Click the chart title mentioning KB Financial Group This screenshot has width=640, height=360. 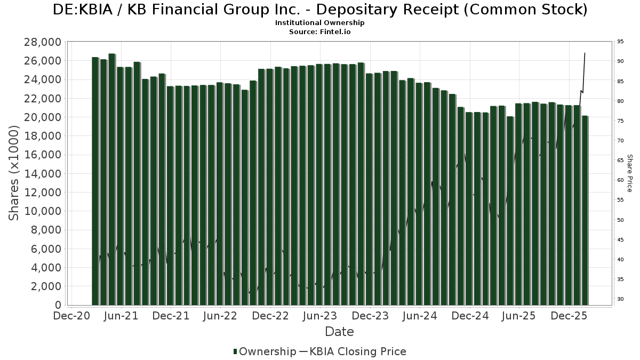coord(320,10)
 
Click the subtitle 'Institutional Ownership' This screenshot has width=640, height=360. coord(320,23)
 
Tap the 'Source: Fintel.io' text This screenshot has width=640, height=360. coord(320,32)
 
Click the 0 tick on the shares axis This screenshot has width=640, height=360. coord(58,305)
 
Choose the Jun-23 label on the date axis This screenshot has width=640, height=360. coord(320,316)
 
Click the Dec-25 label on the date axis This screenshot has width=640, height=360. coord(569,316)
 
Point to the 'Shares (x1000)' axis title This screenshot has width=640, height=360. coord(14,173)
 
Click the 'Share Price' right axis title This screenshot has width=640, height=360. coord(629,173)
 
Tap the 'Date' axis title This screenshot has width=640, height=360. coord(340,332)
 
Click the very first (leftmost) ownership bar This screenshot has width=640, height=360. coord(95,181)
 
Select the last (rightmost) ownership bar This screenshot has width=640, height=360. coord(585,210)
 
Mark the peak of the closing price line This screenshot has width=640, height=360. coord(585,53)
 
